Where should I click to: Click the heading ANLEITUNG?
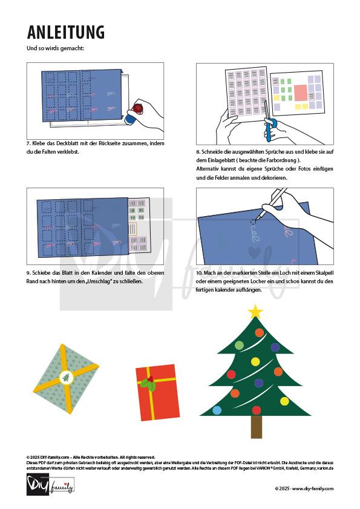(66, 33)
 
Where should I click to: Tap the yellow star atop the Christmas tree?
(255, 312)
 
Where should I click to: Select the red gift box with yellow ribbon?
(156, 392)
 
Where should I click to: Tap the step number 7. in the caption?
(29, 144)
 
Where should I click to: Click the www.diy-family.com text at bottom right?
(313, 488)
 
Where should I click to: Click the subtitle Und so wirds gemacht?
(56, 48)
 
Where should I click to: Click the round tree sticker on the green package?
(65, 378)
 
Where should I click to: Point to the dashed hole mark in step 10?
(254, 222)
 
